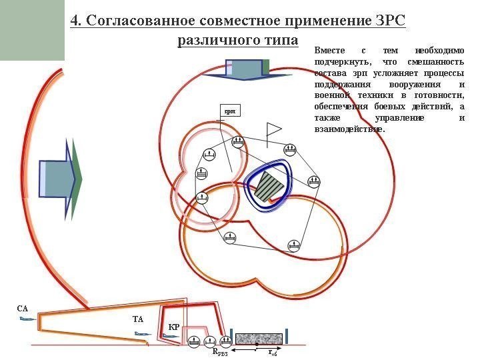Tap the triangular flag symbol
(273, 131)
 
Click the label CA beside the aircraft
(23, 309)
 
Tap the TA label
(138, 320)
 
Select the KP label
(173, 327)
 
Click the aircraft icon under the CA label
(27, 319)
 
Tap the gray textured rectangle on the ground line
(259, 339)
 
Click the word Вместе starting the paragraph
(328, 51)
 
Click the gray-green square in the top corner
(32, 30)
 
